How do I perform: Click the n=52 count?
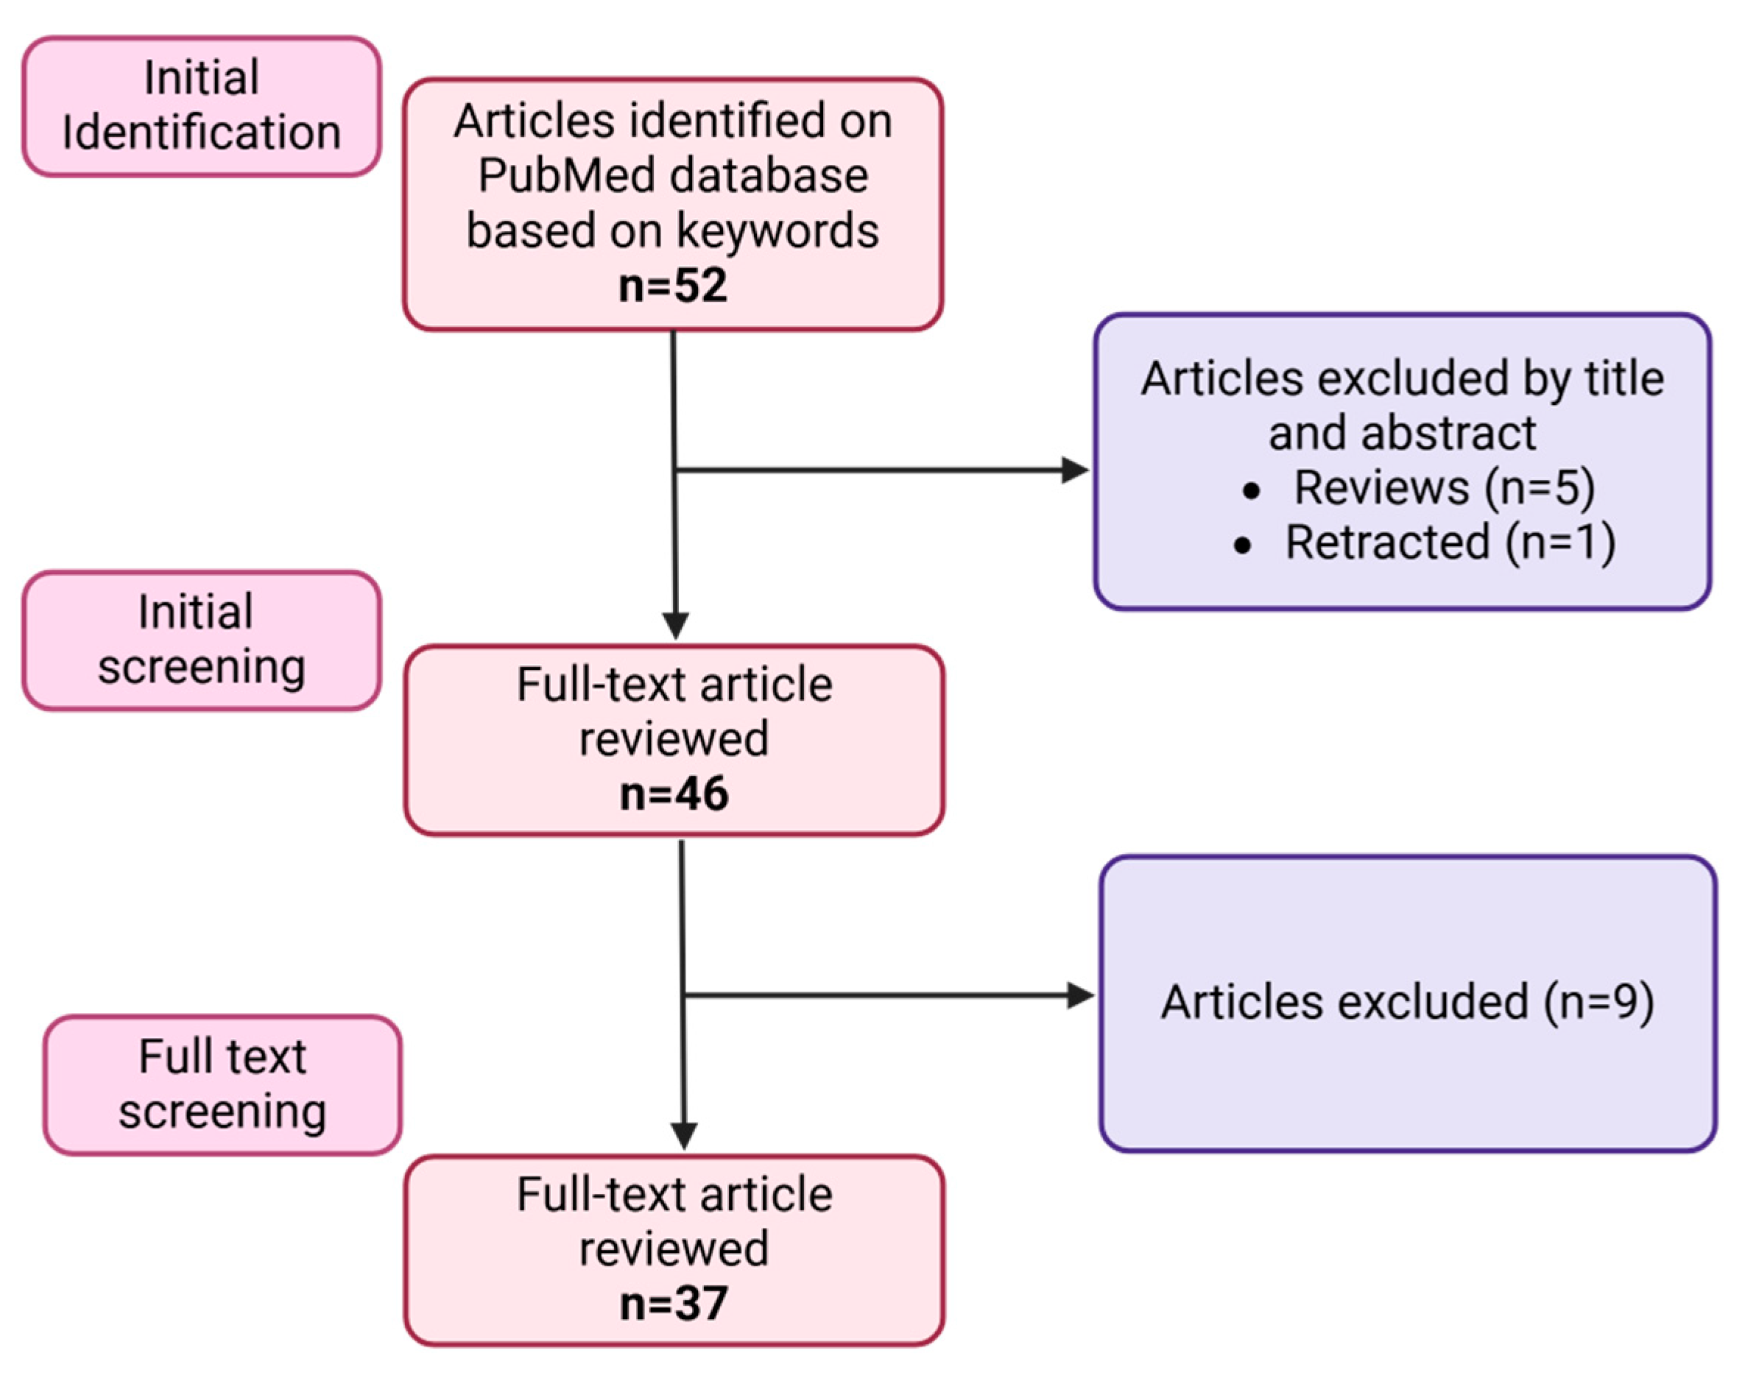pyautogui.click(x=672, y=286)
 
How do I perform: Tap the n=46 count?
pyautogui.click(x=674, y=794)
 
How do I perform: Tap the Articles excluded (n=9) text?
pyautogui.click(x=1407, y=1002)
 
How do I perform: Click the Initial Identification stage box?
pyautogui.click(x=201, y=106)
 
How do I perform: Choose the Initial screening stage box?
pyautogui.click(x=201, y=640)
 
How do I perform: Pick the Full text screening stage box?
pyautogui.click(x=222, y=1084)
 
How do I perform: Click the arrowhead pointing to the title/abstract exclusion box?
pyautogui.click(x=1076, y=470)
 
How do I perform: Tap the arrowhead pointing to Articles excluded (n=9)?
pyautogui.click(x=1080, y=995)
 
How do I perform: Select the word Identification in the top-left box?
pyautogui.click(x=201, y=132)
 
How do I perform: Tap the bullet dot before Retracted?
pyautogui.click(x=1243, y=545)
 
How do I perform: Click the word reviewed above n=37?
pyautogui.click(x=674, y=1249)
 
